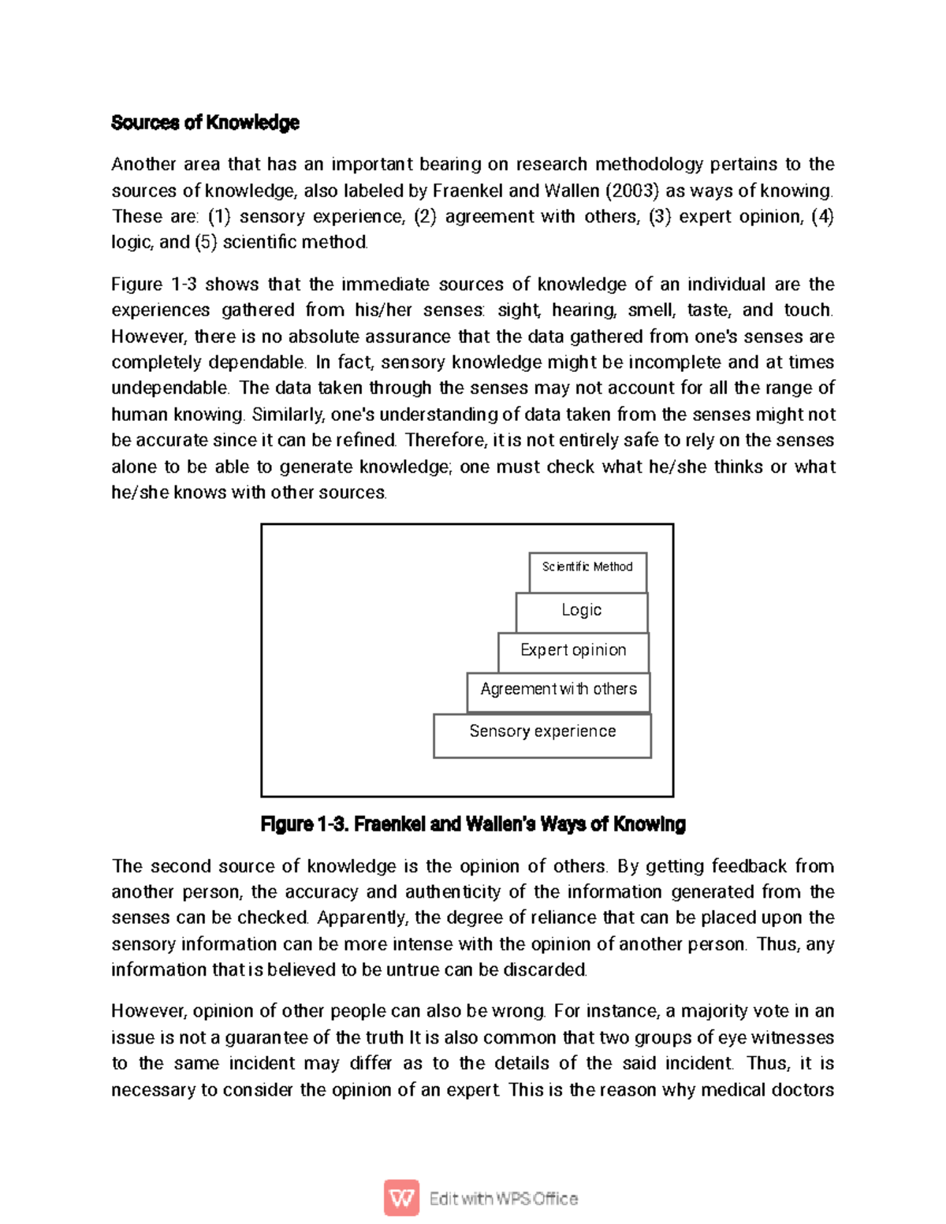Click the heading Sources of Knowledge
pyautogui.click(x=205, y=123)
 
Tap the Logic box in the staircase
pyautogui.click(x=582, y=612)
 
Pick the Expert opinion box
pyautogui.click(x=573, y=651)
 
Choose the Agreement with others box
pyautogui.click(x=558, y=691)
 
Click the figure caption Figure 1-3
pyautogui.click(x=473, y=824)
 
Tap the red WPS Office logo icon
pyautogui.click(x=401, y=1198)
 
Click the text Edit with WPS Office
pyautogui.click(x=504, y=1199)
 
